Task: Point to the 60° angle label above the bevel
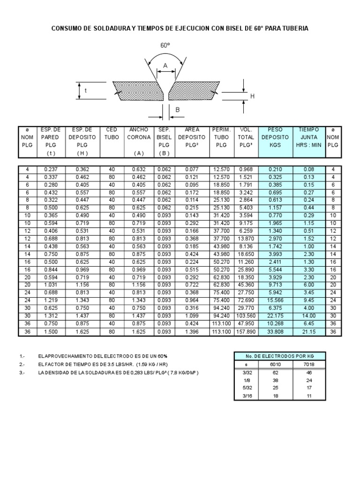pyautogui.click(x=165, y=46)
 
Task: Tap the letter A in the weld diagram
pyautogui.click(x=165, y=67)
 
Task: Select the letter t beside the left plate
pyautogui.click(x=85, y=91)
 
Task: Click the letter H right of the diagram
pyautogui.click(x=252, y=96)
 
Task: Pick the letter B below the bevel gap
pyautogui.click(x=177, y=110)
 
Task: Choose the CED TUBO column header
pyautogui.click(x=112, y=133)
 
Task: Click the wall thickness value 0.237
pyautogui.click(x=50, y=169)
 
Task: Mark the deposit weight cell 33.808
pyautogui.click(x=275, y=332)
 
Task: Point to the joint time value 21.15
pyautogui.click(x=308, y=332)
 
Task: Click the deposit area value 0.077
pyautogui.click(x=192, y=169)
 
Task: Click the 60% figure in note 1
pyautogui.click(x=162, y=357)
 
